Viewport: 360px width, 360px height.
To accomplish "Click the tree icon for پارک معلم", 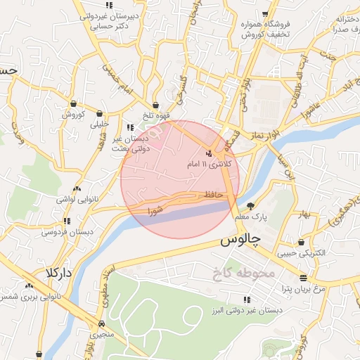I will [x=251, y=206].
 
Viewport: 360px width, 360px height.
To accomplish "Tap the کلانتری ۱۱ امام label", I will [x=209, y=163].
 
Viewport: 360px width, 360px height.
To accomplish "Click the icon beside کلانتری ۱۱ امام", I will [x=208, y=153].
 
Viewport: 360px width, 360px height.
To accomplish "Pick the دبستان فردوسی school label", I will [x=67, y=231].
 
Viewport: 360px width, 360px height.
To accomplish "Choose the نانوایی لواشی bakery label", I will [x=77, y=199].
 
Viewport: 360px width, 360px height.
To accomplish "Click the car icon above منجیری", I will [x=103, y=324].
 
